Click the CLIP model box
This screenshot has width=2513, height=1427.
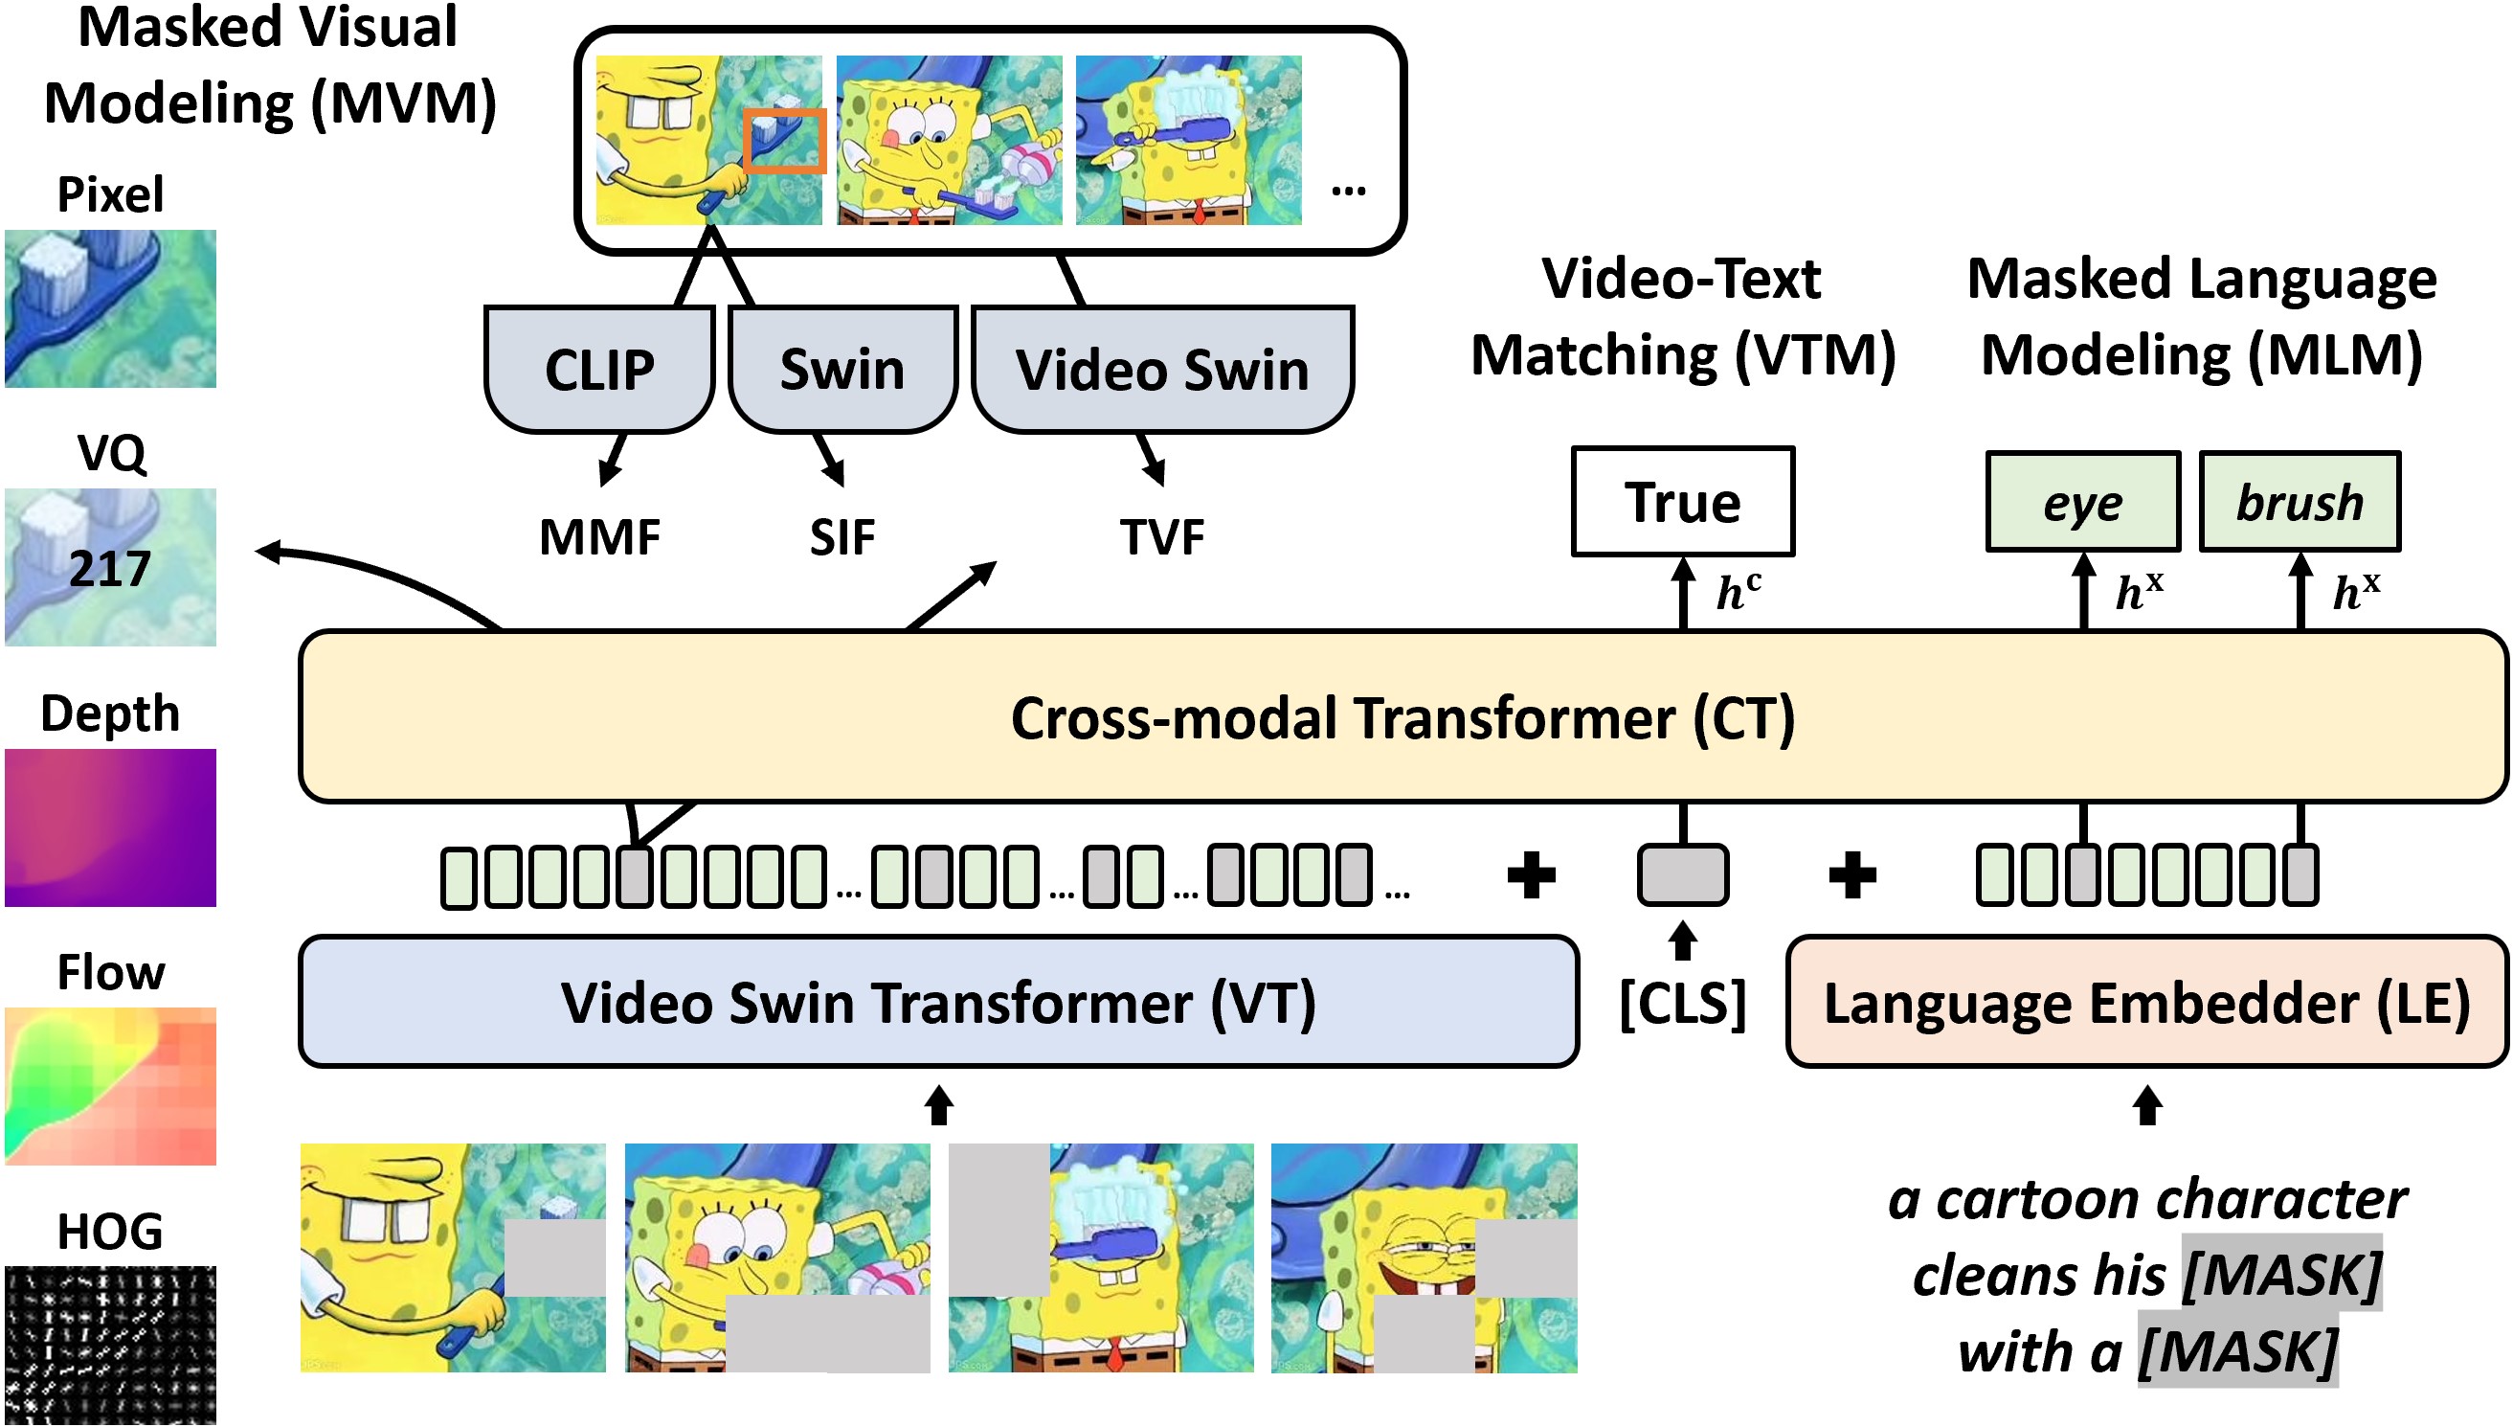click(x=598, y=370)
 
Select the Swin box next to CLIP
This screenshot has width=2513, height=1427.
click(x=841, y=370)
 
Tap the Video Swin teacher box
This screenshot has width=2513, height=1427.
click(x=1162, y=370)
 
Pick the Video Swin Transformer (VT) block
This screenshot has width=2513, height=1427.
click(x=937, y=1002)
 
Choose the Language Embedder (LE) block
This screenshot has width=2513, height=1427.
click(x=2145, y=1002)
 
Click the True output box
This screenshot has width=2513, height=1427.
click(x=1682, y=502)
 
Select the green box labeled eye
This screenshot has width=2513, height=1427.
click(x=2082, y=502)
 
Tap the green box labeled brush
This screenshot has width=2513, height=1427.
click(x=2299, y=502)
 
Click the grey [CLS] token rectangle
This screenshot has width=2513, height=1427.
click(x=1682, y=874)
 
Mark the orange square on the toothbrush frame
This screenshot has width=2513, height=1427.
click(x=784, y=141)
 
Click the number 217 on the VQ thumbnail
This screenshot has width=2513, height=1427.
click(x=110, y=569)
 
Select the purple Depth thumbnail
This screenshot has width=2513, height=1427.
click(x=110, y=827)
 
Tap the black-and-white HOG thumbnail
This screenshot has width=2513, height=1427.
click(x=110, y=1345)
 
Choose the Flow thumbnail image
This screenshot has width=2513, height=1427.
click(x=110, y=1086)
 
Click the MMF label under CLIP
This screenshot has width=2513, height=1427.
click(x=598, y=537)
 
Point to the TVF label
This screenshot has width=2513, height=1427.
click(x=1162, y=537)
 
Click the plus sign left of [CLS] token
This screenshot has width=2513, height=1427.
click(x=1531, y=874)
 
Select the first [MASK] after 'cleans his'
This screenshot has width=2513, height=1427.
click(x=2281, y=1274)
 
